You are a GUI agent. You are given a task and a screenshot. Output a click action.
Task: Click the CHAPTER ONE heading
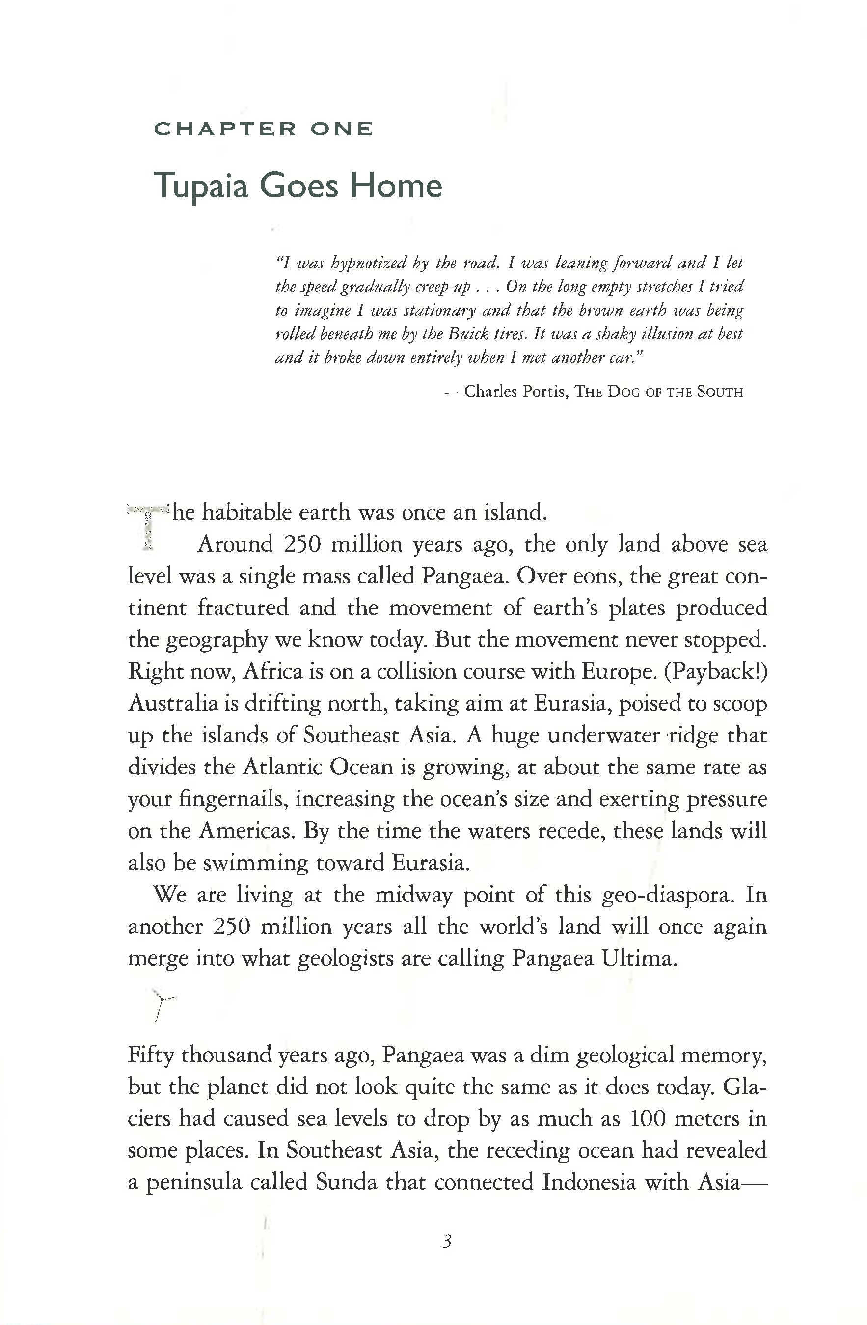263,129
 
